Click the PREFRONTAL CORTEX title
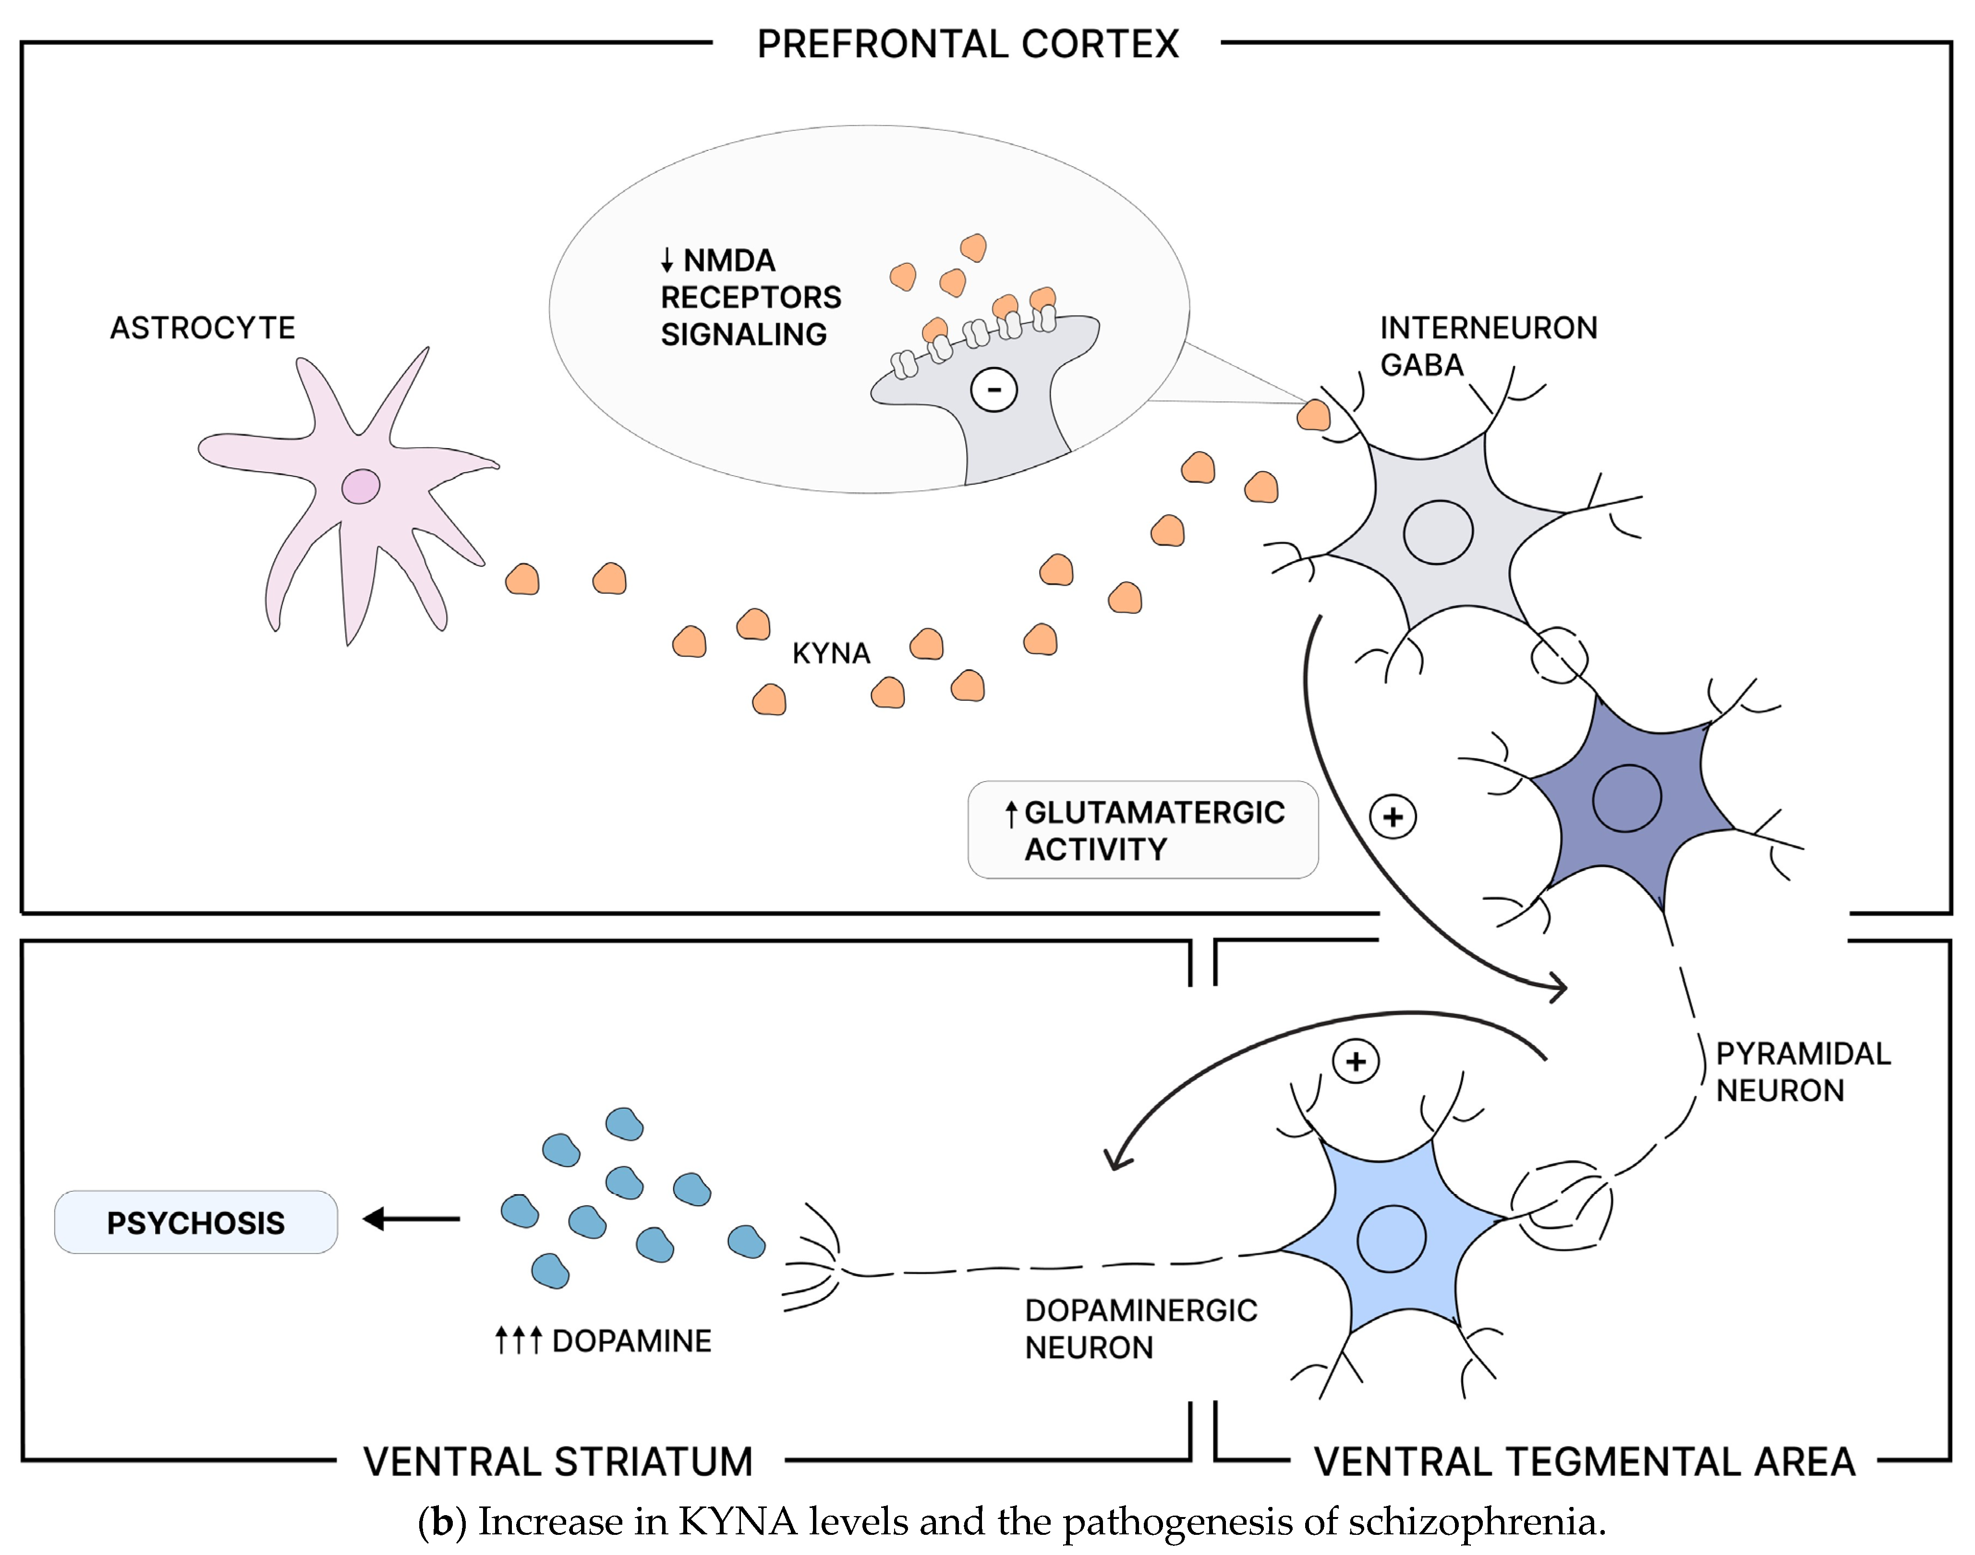968,44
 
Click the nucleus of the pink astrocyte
361,486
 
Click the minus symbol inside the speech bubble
994,390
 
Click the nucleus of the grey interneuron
1438,533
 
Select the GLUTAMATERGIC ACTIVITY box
1143,830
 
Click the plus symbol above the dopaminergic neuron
1356,1062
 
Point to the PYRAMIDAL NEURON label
1803,1072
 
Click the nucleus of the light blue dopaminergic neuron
1391,1239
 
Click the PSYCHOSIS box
196,1222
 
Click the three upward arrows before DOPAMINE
518,1340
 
